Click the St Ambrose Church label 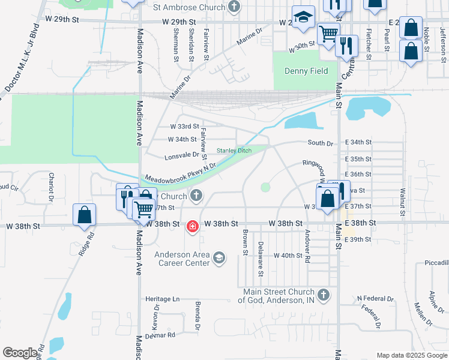click(189, 8)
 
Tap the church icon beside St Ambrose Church click(235, 8)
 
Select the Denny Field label click(306, 71)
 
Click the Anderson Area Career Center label click(182, 259)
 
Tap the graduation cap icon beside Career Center click(219, 258)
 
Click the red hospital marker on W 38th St click(192, 226)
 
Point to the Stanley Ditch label click(234, 150)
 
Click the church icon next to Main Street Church click(324, 295)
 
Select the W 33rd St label click(184, 127)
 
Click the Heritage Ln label click(163, 299)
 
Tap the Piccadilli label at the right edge click(436, 263)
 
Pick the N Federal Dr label click(375, 298)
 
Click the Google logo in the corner click(20, 353)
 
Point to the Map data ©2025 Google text click(411, 355)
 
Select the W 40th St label click(288, 255)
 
